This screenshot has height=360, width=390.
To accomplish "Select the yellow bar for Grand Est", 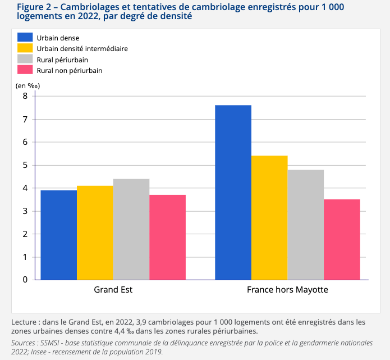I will click(x=95, y=233).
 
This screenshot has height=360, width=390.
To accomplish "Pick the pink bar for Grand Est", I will click(x=167, y=237).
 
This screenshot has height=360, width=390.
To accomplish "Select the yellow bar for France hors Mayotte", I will click(x=269, y=217).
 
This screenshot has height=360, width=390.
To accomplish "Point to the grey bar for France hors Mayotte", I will click(x=306, y=225).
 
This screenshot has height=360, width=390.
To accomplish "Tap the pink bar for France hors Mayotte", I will click(x=342, y=239).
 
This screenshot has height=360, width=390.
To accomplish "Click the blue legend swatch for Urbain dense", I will click(x=25, y=38).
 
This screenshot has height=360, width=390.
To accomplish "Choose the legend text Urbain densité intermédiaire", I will click(x=82, y=49).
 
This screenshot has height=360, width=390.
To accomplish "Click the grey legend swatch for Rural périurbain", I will click(x=25, y=60).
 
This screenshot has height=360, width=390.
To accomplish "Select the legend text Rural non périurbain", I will click(x=69, y=71).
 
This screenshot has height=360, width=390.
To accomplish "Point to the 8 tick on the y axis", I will click(x=25, y=96).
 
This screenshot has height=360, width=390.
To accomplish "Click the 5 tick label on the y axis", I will click(x=25, y=165).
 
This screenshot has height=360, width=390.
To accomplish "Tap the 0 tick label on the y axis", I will click(x=25, y=280).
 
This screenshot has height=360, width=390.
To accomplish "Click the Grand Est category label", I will click(x=113, y=290).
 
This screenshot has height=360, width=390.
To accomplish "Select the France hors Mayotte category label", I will click(x=287, y=290).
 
